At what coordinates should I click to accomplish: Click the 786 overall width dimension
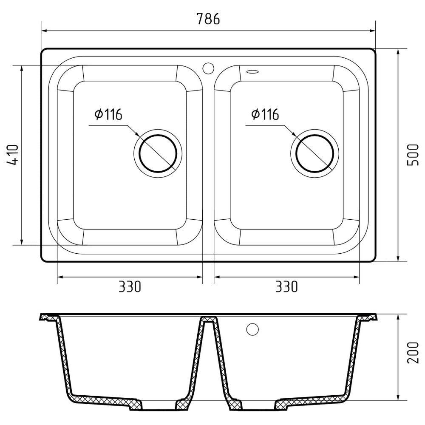(208, 19)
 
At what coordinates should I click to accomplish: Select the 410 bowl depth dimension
(13, 155)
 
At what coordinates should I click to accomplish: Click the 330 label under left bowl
(130, 287)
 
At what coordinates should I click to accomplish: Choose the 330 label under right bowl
(286, 287)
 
